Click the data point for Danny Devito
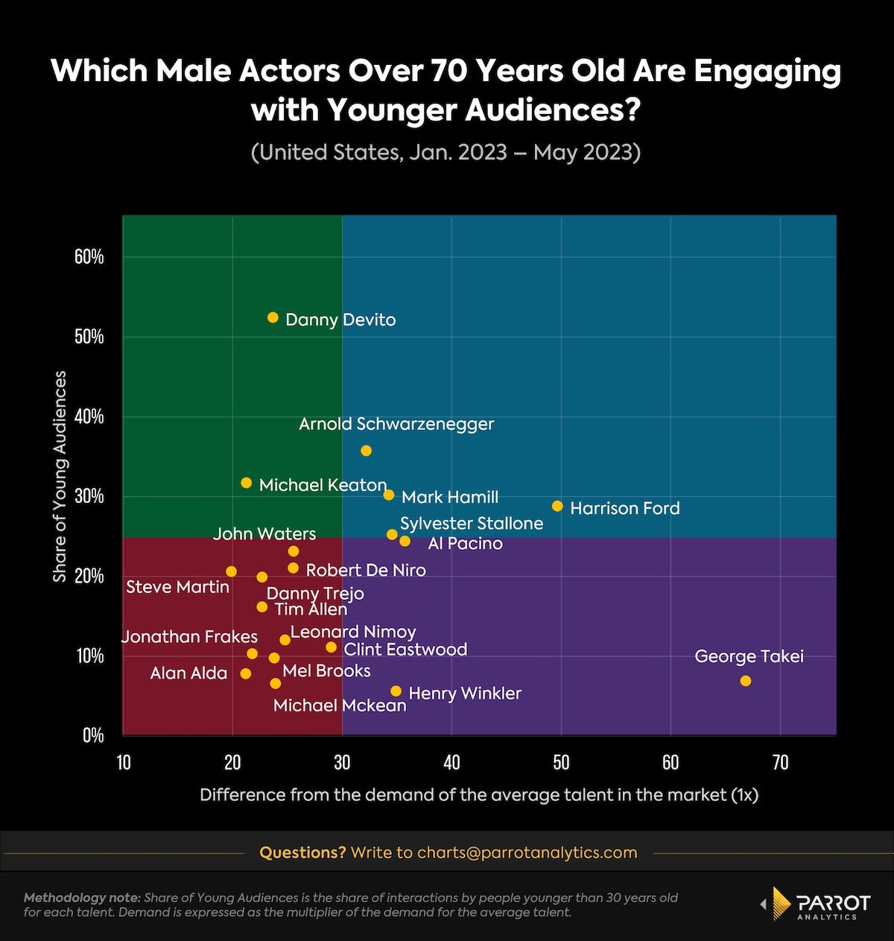(273, 317)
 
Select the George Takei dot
(746, 681)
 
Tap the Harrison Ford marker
(557, 507)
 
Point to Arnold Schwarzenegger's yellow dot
(366, 451)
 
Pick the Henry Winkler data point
(396, 691)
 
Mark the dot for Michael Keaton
(247, 483)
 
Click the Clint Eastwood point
(332, 647)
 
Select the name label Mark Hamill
(450, 498)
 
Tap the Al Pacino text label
(465, 544)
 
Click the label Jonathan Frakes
(189, 637)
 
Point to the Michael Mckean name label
(340, 706)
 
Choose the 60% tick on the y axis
(89, 257)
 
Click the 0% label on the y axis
(93, 735)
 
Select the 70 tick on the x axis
(780, 762)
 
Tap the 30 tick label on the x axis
(342, 762)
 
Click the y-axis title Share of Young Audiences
(60, 477)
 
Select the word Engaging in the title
(767, 72)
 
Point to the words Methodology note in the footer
(82, 898)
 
